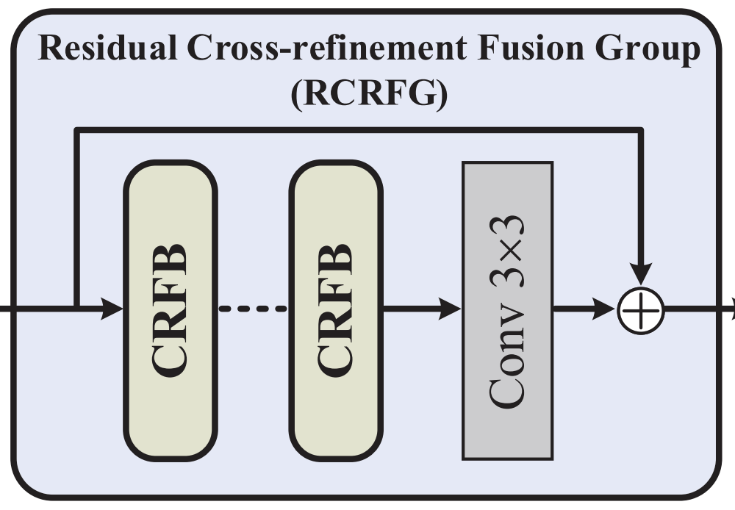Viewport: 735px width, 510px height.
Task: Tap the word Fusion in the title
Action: click(x=522, y=50)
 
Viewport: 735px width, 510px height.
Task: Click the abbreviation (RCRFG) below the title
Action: click(x=368, y=94)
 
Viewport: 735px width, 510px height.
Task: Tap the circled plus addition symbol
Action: click(x=642, y=310)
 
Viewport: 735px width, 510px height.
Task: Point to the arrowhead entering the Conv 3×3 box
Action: click(x=450, y=309)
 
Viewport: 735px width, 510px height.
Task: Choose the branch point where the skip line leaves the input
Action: click(x=76, y=309)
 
